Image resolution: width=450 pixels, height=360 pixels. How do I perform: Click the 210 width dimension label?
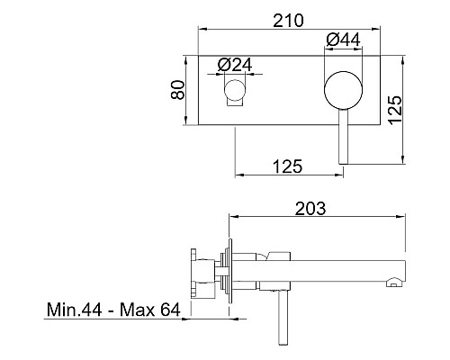point(288,21)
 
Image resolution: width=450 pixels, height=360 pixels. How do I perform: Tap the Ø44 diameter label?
point(343,40)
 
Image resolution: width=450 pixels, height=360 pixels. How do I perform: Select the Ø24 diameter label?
point(235,65)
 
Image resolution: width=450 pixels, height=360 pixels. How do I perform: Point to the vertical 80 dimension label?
point(177,89)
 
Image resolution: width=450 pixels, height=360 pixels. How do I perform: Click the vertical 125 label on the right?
point(395,110)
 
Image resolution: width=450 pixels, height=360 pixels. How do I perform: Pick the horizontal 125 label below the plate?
point(288,166)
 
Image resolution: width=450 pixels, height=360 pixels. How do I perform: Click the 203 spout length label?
point(310,209)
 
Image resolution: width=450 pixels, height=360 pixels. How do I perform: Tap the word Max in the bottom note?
point(138,310)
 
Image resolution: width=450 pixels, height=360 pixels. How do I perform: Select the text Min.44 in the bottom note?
point(75,310)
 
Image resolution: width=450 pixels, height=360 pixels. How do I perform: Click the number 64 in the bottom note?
point(170,310)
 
